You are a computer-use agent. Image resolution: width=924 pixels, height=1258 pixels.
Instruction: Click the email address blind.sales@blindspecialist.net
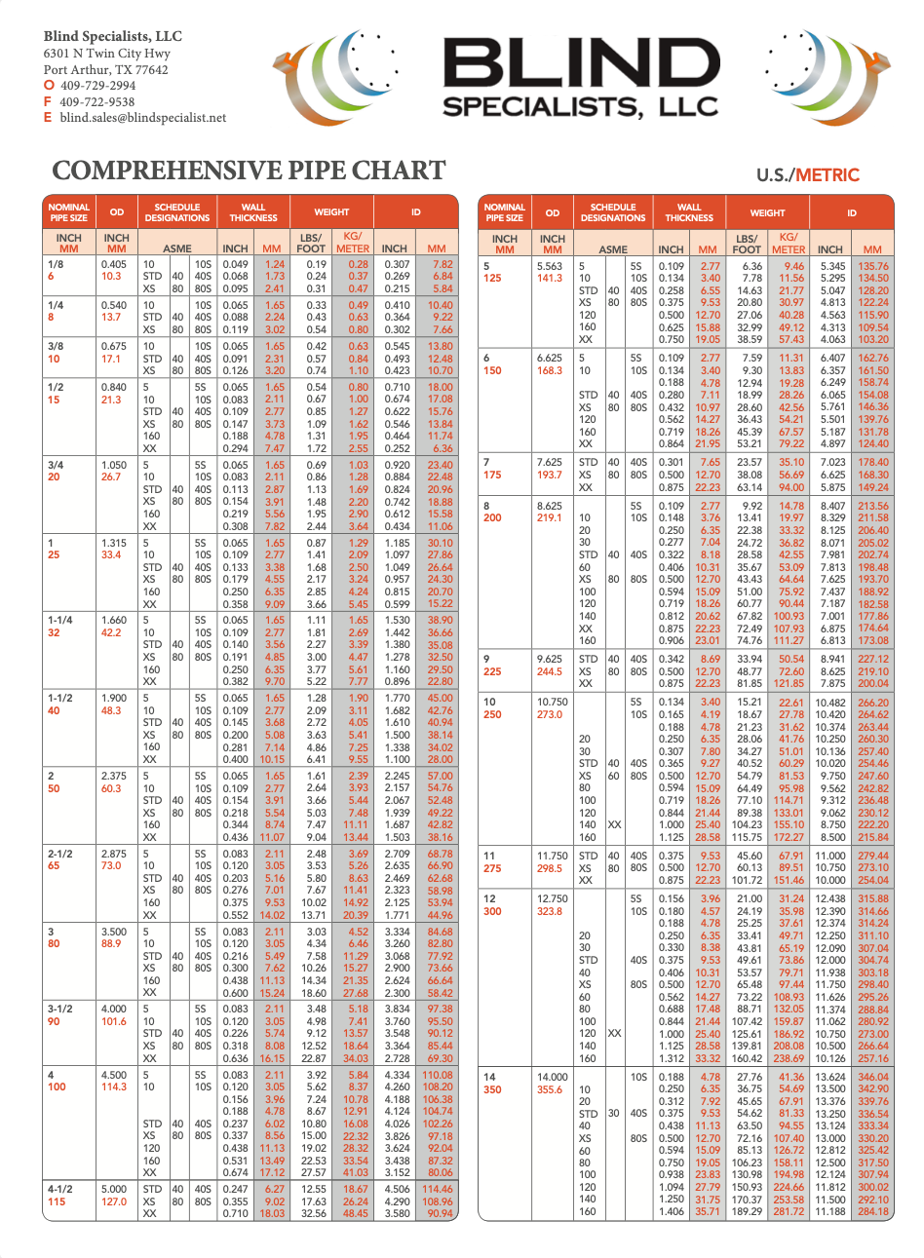142,118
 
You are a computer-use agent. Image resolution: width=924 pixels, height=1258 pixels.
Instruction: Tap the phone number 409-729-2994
97,86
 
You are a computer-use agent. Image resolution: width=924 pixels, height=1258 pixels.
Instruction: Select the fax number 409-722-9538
97,101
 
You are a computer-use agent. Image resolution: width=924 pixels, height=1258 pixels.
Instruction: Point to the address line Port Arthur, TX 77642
105,70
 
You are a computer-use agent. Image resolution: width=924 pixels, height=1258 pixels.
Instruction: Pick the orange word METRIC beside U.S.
828,175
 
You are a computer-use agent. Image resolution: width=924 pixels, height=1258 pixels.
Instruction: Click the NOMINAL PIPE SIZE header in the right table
504,212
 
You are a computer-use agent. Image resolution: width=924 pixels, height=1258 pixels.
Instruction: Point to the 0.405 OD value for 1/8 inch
114,264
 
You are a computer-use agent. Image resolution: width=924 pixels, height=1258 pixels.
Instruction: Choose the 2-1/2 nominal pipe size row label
60,854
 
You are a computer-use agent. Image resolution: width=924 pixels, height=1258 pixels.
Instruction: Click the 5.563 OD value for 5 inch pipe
550,266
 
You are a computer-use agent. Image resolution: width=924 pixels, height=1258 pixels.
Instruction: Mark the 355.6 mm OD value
550,1089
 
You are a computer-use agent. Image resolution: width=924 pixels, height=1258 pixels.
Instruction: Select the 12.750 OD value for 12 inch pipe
552,899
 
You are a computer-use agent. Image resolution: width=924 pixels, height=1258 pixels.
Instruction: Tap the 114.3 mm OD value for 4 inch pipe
114,1086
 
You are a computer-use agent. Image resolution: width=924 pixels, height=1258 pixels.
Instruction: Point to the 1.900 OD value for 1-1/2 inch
114,698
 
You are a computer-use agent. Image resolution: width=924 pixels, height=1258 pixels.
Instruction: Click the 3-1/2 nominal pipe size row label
60,1009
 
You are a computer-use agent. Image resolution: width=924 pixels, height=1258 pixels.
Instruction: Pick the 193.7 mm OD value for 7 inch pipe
550,475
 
